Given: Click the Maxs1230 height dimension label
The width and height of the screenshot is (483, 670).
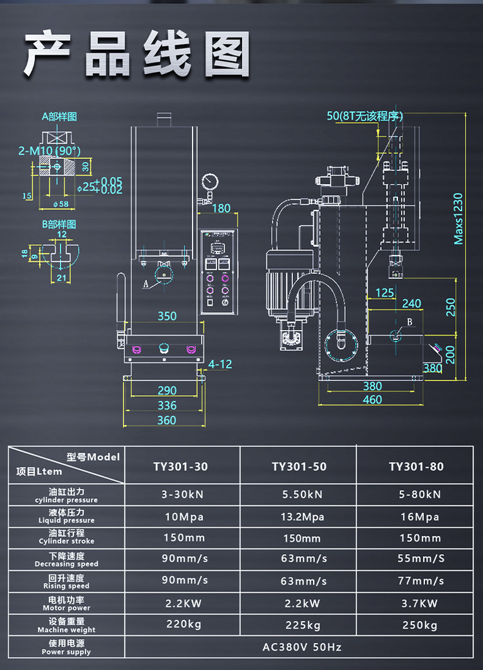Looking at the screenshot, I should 459,219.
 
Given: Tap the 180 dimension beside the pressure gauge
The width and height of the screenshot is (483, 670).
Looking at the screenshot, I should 221,208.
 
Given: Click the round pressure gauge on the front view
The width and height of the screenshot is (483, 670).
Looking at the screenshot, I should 209,181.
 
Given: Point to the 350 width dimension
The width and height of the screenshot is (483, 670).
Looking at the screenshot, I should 167,316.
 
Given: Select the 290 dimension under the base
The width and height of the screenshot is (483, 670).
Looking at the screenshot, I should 167,391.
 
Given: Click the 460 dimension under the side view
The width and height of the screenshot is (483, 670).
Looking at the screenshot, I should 372,400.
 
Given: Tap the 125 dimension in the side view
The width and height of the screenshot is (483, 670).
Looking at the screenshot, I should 384,293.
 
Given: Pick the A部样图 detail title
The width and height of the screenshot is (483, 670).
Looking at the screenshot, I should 59,116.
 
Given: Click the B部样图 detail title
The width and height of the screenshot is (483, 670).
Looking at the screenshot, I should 59,225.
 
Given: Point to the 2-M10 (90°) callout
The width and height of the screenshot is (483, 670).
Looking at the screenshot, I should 50,151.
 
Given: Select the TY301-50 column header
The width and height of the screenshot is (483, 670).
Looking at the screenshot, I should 299,467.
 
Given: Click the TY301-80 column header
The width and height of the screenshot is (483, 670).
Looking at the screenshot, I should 416,467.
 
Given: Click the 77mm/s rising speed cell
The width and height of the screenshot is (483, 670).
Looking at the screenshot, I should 420,581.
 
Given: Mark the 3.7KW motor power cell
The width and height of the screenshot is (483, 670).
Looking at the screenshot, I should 420,603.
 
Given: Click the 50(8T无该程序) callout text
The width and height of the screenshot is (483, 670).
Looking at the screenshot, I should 365,116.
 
